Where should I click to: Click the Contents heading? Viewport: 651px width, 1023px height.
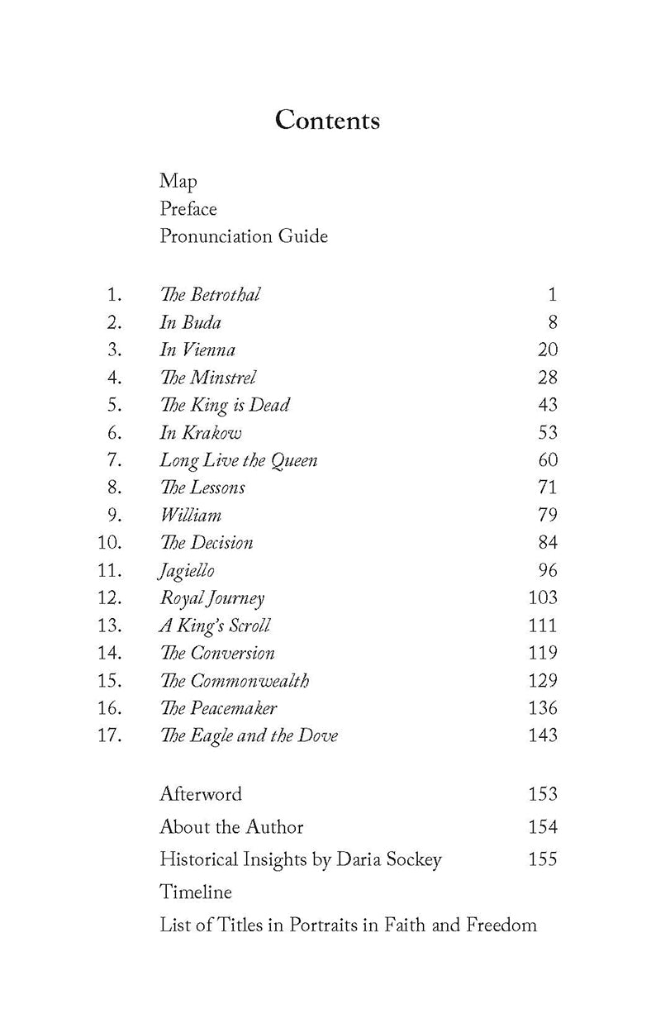[x=327, y=121]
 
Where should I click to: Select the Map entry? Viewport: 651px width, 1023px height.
[x=178, y=181]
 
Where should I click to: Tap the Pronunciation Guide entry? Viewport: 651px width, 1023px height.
[x=244, y=236]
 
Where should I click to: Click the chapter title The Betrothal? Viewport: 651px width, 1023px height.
[x=210, y=294]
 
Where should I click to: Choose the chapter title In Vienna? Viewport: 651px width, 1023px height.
[x=197, y=350]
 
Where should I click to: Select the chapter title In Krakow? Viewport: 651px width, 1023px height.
[x=200, y=433]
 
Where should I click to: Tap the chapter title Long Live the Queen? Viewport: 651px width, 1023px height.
[x=238, y=460]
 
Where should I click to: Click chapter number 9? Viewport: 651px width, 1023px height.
[x=114, y=515]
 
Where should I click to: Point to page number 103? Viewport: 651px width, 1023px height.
[x=542, y=597]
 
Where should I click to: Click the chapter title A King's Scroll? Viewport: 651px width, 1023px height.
[x=214, y=626]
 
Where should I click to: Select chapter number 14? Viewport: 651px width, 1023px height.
[x=109, y=653]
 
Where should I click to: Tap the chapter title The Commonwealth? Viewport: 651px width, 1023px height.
[x=235, y=681]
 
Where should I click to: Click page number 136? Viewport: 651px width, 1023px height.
[x=542, y=708]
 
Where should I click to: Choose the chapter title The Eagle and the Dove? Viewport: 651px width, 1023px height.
[x=249, y=735]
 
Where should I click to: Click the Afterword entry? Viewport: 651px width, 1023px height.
[x=201, y=794]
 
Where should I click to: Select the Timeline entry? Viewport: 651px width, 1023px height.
[x=196, y=892]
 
